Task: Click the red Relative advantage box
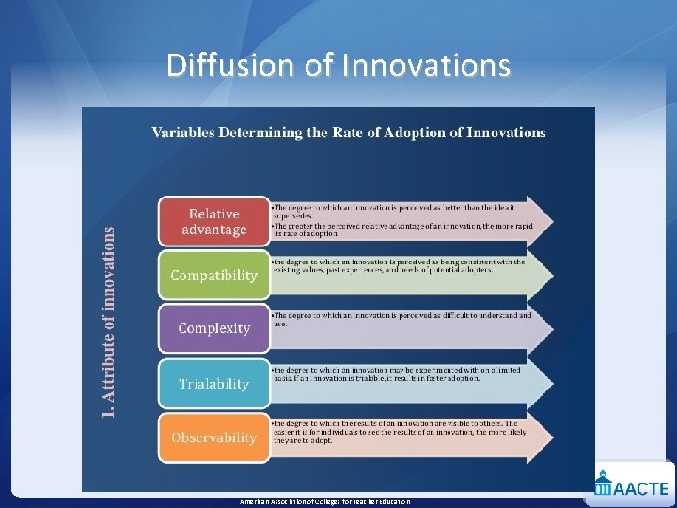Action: pos(213,222)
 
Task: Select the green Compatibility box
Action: pos(213,276)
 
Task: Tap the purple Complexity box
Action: pos(213,328)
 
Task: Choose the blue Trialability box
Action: pos(213,384)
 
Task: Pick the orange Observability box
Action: pos(213,437)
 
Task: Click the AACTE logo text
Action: pos(641,488)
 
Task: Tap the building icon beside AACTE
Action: pos(602,485)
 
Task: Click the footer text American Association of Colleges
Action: pos(324,501)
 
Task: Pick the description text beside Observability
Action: pos(395,431)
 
